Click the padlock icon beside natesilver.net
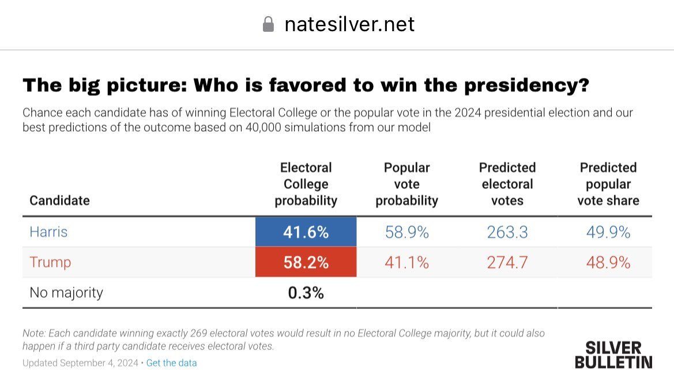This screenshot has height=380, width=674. pos(268,24)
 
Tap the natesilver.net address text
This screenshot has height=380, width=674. pos(349,24)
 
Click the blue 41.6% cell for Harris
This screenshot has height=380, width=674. pos(306,232)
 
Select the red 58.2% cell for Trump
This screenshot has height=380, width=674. pos(306,262)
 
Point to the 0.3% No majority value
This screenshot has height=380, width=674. pos(306,293)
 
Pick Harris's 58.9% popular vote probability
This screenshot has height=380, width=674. pos(406,232)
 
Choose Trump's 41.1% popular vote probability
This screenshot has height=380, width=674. pos(406,262)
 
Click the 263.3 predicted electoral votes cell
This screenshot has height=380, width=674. pos(507,232)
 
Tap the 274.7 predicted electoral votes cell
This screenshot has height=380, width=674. pos(507,262)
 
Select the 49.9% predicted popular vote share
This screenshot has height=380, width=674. pos(608,232)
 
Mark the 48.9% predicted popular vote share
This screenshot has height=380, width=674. pos(608,262)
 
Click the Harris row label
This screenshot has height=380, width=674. pos(48,232)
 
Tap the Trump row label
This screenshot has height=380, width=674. pos(50,262)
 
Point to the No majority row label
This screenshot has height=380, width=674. pos(66,293)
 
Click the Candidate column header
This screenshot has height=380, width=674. pos(59,200)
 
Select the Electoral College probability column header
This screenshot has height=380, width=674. pos(306,184)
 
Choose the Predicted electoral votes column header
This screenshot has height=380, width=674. pos(507,184)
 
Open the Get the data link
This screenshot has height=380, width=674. pos(171,363)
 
